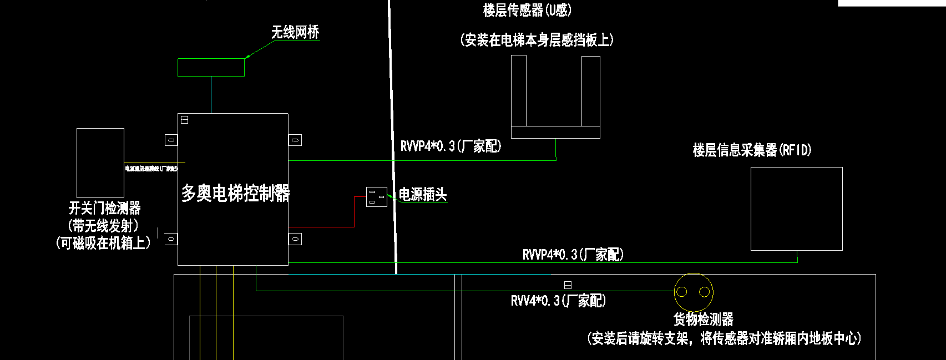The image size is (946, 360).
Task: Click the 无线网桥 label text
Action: point(295,32)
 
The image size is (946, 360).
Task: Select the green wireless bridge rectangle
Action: point(211,67)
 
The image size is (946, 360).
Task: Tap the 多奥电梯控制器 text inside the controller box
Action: point(235,193)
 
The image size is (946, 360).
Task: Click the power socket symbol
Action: point(377,197)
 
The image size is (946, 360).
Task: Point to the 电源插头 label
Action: point(423,195)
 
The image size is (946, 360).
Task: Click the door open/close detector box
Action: point(100,163)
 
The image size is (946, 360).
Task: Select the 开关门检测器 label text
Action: point(104,209)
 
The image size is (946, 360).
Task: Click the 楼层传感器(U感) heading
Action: point(527,10)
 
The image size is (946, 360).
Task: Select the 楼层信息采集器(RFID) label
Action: point(752,150)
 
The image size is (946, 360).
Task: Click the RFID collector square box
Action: point(796,209)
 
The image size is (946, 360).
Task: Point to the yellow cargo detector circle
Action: point(694,292)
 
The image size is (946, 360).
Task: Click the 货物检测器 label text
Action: point(704,320)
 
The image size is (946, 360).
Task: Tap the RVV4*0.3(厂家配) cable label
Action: point(558,301)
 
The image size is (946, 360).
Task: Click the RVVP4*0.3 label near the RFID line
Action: point(573,255)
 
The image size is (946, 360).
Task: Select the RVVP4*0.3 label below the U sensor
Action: point(451,146)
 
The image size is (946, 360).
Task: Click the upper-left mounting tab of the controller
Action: point(171,140)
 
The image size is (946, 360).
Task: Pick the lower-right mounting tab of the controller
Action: point(295,239)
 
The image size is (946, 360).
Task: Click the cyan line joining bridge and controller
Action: point(211,95)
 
